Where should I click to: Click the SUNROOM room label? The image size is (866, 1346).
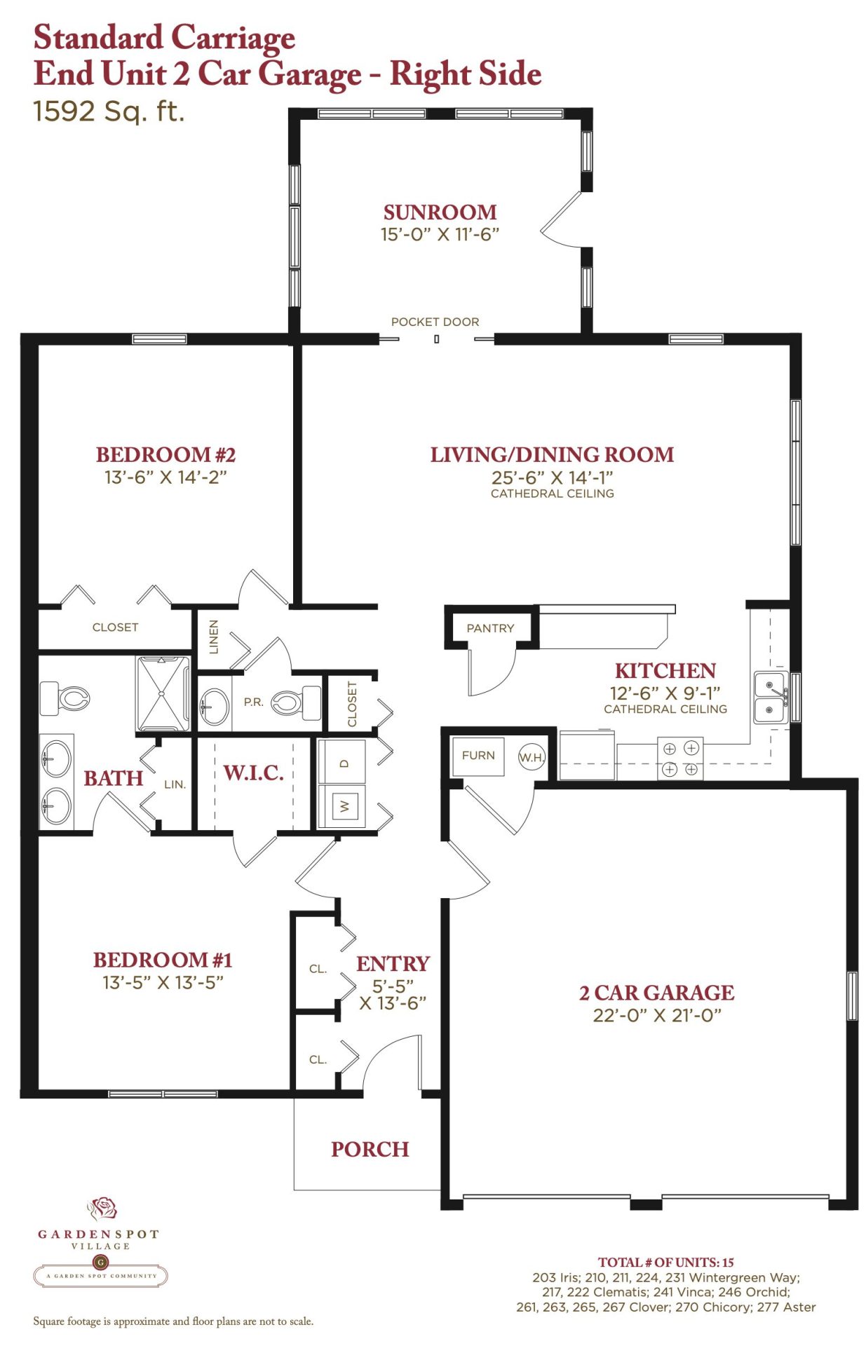point(440,212)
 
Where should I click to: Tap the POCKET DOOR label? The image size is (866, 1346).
point(435,322)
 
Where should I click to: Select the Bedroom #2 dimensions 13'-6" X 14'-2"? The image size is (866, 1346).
point(165,477)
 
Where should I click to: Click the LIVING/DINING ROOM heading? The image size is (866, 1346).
point(552,454)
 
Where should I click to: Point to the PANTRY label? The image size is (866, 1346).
point(490,628)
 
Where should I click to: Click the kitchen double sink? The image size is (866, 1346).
point(771,697)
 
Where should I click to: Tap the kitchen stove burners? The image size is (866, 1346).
point(680,759)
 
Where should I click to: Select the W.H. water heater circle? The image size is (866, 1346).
point(532,757)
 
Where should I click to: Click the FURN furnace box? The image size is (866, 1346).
point(478,756)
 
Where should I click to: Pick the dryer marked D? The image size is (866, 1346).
point(342,761)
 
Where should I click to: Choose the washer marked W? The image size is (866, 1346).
point(342,806)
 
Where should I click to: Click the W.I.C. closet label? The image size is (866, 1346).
point(253,773)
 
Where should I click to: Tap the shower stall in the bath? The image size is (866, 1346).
point(163,694)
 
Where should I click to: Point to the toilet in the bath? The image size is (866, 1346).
point(65,698)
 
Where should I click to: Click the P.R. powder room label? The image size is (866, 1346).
point(254,702)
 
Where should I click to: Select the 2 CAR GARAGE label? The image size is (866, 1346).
point(657,993)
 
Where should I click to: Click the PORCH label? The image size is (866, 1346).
point(370,1149)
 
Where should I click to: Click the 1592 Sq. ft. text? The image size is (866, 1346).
point(109,111)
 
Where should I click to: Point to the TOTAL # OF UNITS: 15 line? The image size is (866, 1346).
point(666,1263)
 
